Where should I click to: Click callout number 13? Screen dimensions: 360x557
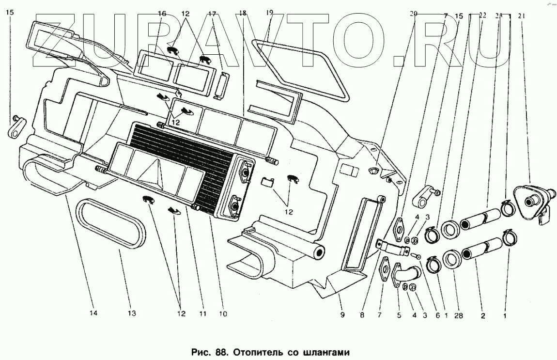coord(132,313)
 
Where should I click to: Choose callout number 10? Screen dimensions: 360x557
coord(223,313)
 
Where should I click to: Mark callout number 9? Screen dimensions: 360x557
coord(342,315)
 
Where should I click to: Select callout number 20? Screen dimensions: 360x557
coord(413,14)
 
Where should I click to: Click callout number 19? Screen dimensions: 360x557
coord(270,14)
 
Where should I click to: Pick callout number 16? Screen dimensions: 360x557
coord(162,14)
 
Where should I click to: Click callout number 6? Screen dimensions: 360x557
coord(437,315)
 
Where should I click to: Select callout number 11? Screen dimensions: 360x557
coord(202,313)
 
